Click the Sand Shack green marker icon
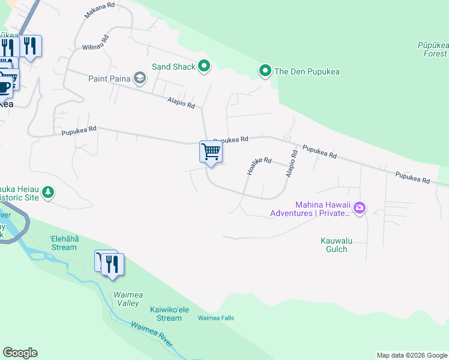[x=204, y=67]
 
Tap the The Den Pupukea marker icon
[x=265, y=71]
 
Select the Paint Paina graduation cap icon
[x=140, y=77]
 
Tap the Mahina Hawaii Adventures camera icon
[x=360, y=208]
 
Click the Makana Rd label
[x=99, y=10]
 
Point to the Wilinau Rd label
[x=95, y=42]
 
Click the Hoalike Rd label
[x=259, y=166]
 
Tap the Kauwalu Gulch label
[x=334, y=245]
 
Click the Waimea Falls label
[x=216, y=318]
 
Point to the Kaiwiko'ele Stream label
[x=166, y=314]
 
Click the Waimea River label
[x=151, y=334]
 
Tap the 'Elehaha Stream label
[x=64, y=243]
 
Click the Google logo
[x=20, y=353]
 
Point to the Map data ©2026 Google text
[x=411, y=355]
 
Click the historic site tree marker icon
[x=48, y=193]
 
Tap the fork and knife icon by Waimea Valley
[x=112, y=263]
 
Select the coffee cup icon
[x=5, y=86]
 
